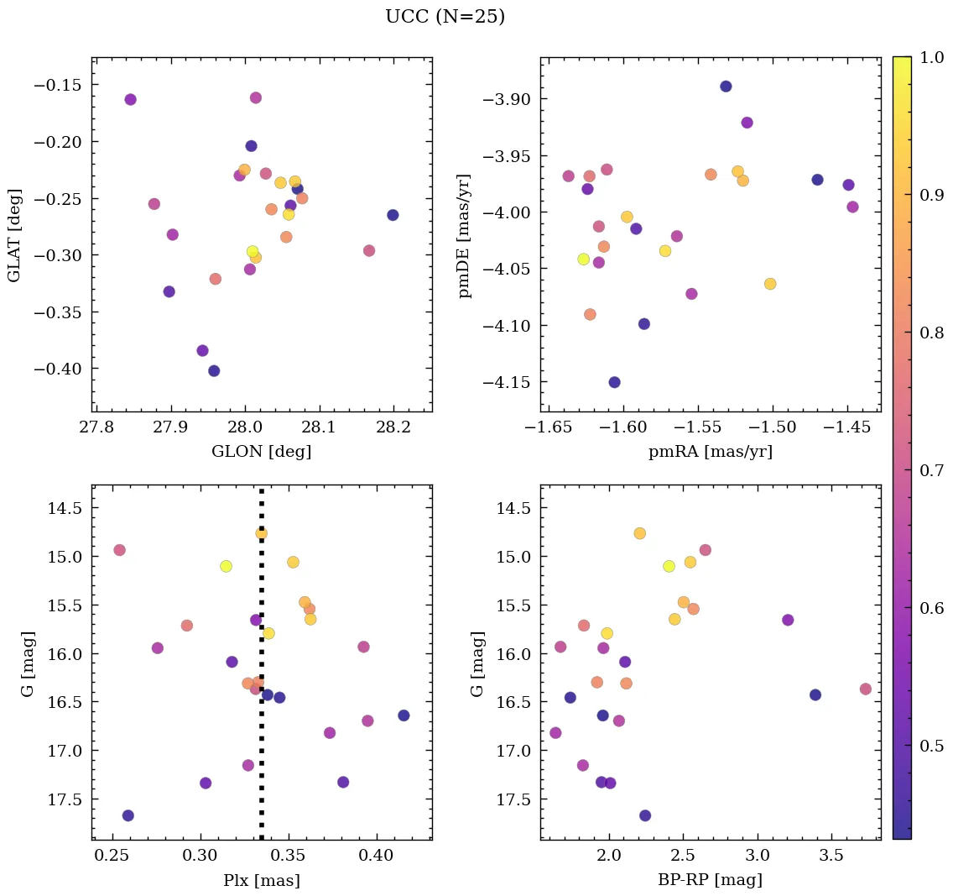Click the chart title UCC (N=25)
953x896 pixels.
445,17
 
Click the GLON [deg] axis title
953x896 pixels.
262,452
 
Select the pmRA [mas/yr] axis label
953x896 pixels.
710,452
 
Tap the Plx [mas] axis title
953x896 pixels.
262,880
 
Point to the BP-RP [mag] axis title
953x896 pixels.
710,880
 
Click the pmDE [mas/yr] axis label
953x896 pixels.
465,235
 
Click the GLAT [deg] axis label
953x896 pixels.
15,235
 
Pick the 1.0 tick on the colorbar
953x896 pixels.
931,58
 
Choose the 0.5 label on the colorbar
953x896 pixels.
931,746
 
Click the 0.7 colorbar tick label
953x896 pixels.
931,470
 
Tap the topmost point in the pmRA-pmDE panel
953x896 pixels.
726,86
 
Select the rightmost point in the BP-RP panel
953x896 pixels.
866,689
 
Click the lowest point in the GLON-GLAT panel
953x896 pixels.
214,370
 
